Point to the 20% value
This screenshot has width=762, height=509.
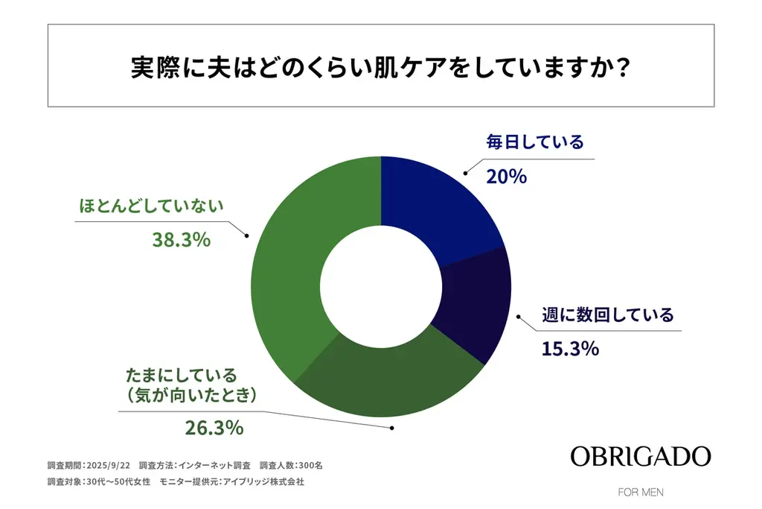pos(506,177)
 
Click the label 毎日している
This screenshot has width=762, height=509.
pos(535,142)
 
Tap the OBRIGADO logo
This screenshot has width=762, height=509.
pos(641,456)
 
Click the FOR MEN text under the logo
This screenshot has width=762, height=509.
pos(641,493)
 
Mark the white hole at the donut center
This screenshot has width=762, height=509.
pos(381,287)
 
